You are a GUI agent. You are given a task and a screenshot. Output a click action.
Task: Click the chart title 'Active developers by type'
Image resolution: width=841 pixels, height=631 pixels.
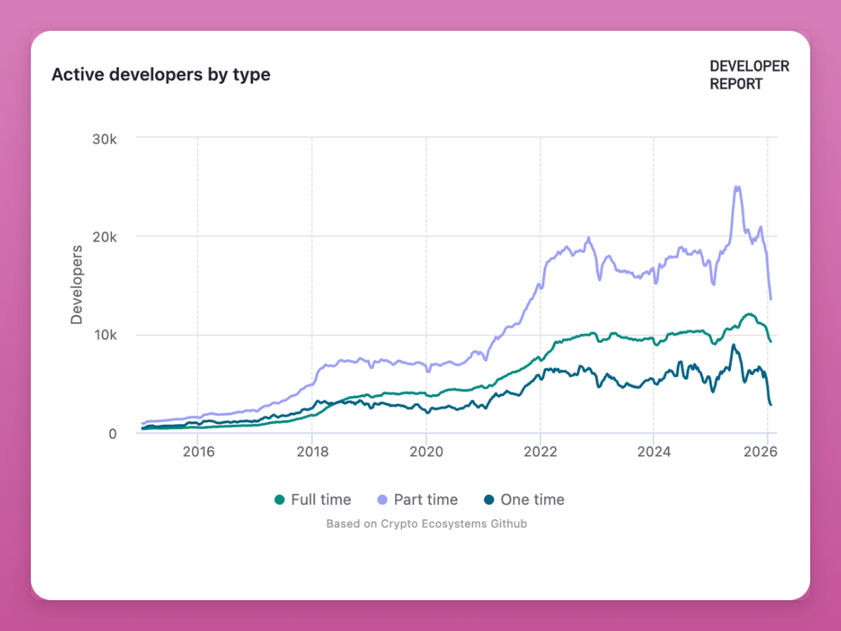(x=160, y=74)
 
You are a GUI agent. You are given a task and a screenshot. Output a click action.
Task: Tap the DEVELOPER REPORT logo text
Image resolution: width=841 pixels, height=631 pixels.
(x=748, y=75)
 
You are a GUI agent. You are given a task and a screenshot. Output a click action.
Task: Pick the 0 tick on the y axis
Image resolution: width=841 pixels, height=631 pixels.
(x=112, y=433)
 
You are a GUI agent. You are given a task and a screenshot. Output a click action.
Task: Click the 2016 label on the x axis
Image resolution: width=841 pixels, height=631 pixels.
(x=198, y=451)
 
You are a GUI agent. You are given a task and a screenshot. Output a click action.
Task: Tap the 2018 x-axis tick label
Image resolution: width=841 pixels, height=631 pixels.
(x=312, y=451)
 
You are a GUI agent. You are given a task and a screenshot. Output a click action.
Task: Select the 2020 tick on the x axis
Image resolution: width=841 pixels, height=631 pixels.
(x=426, y=451)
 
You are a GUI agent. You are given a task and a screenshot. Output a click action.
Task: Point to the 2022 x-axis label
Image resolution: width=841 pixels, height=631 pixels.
(x=540, y=451)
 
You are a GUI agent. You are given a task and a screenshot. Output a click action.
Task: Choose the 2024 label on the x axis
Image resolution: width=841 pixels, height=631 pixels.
(x=654, y=451)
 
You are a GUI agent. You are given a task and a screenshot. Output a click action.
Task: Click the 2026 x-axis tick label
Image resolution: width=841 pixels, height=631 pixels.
(x=767, y=451)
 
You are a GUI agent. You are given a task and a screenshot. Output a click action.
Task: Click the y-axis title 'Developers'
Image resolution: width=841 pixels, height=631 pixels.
(x=76, y=284)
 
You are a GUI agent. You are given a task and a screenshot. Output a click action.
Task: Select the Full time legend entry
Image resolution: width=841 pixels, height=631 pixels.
(x=313, y=500)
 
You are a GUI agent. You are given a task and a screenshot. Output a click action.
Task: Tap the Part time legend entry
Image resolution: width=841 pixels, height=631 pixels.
(x=417, y=500)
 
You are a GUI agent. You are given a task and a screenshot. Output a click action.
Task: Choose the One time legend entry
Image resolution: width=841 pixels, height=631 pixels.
(x=524, y=500)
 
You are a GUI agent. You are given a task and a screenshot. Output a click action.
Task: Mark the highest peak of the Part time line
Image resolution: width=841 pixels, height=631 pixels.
(x=736, y=186)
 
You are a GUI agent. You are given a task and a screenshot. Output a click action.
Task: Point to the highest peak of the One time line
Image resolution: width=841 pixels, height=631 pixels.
(x=733, y=345)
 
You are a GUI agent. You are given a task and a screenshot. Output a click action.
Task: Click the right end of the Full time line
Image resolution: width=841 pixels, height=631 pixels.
(x=770, y=341)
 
